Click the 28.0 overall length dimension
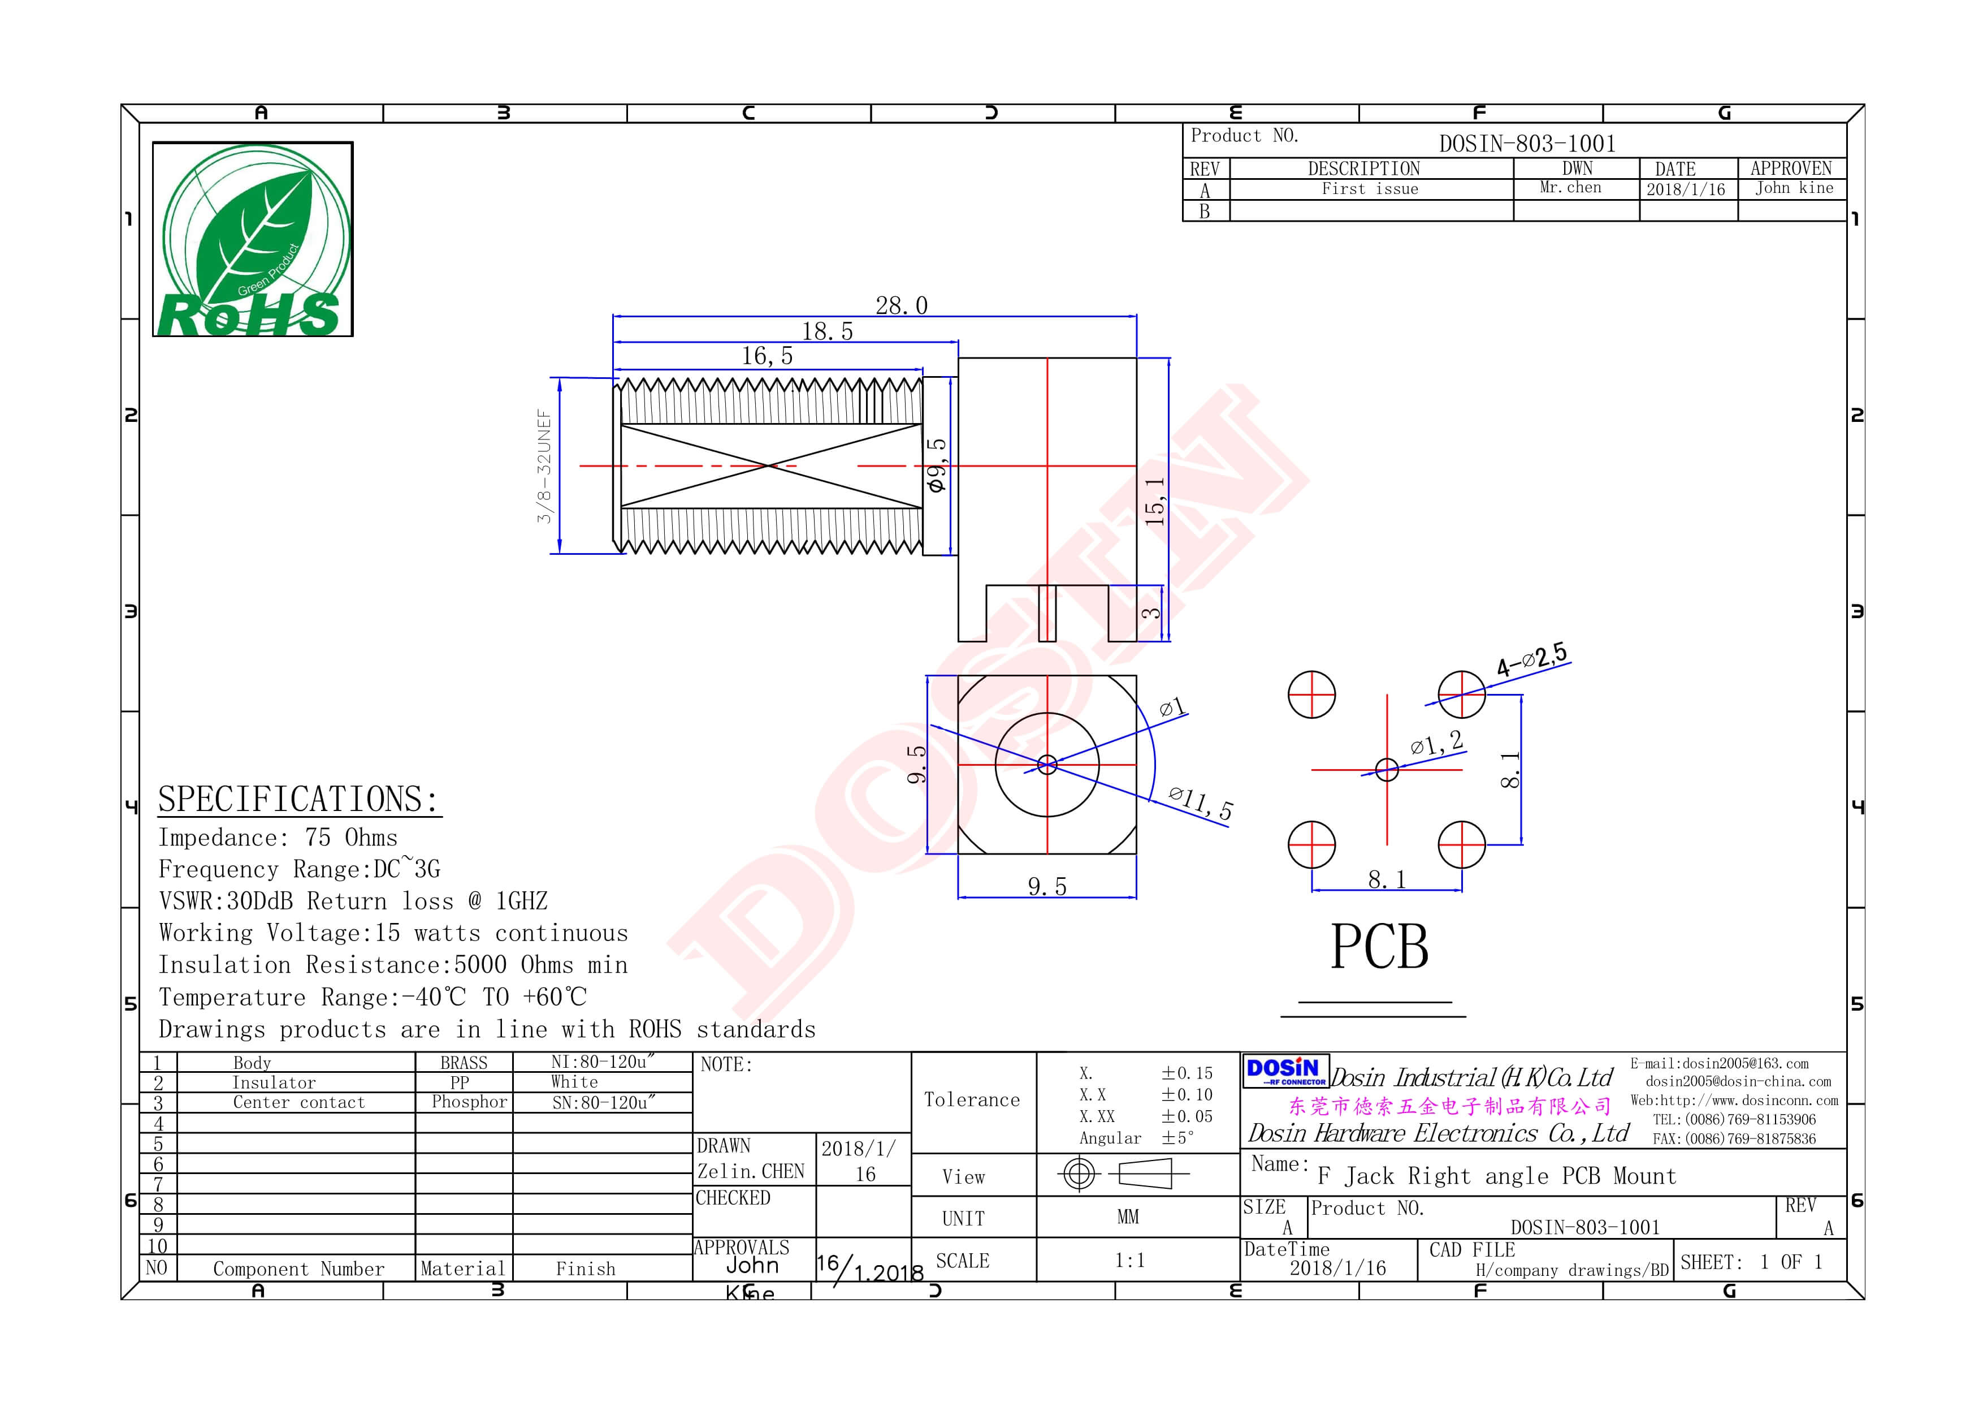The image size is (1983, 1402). click(x=901, y=306)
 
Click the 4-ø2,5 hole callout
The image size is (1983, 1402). click(x=1532, y=660)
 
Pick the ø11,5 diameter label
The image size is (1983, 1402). click(x=1201, y=803)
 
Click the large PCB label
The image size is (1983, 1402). click(x=1379, y=948)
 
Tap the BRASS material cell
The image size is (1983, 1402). click(x=464, y=1063)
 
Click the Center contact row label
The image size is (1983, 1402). click(x=299, y=1103)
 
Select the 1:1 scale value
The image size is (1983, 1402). click(x=1129, y=1261)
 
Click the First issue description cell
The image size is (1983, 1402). click(x=1370, y=189)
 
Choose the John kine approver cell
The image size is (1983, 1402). click(x=1794, y=188)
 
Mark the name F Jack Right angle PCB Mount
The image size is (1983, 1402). click(x=1497, y=1176)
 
